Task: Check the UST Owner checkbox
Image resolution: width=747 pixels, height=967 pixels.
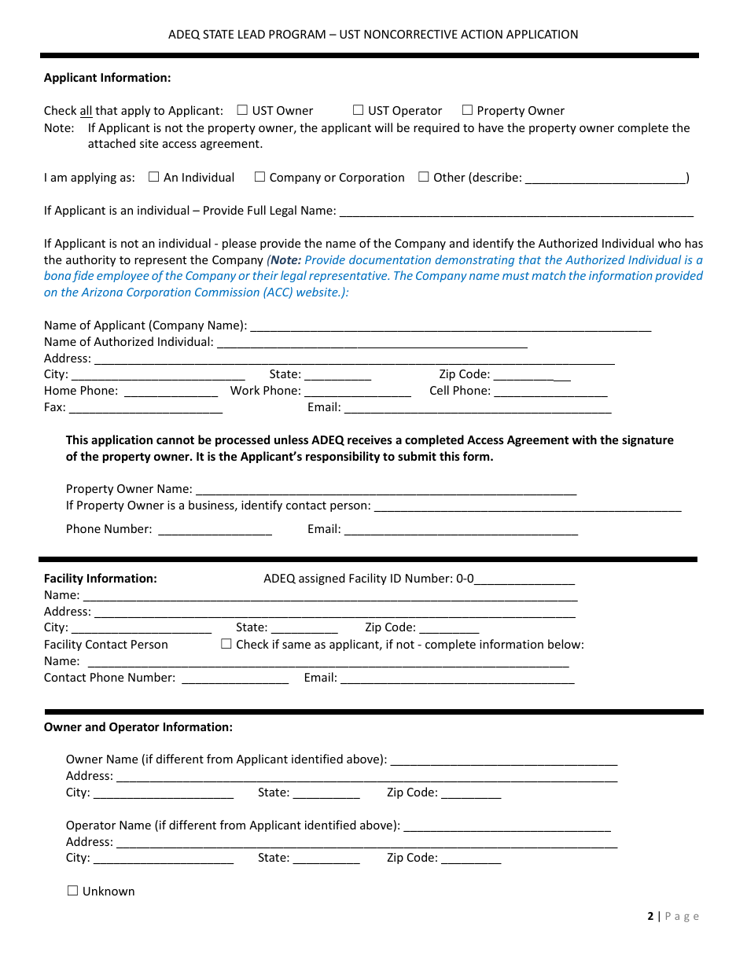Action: pos(242,110)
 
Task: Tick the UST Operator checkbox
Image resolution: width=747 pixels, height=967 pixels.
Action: pos(358,110)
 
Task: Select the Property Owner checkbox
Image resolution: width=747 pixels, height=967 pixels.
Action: pos(467,110)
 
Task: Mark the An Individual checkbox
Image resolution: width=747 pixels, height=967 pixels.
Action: pos(153,177)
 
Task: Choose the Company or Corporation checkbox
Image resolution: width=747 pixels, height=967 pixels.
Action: pos(259,177)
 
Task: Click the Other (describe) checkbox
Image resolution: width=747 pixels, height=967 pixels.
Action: pos(424,177)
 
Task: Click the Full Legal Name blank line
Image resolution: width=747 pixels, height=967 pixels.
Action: pos(516,211)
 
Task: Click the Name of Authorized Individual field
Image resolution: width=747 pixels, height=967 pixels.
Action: pos(371,343)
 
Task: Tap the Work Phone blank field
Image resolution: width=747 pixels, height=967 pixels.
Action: pos(357,392)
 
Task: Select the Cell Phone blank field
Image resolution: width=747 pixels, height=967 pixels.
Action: pos(550,392)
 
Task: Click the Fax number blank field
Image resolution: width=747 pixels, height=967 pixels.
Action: pos(145,408)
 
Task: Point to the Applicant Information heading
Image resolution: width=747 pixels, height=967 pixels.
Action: pos(107,78)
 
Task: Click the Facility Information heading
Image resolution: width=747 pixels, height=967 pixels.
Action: pos(101,579)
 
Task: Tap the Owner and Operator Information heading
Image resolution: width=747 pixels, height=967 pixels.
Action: pos(138,727)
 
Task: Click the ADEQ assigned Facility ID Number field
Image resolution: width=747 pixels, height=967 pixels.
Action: pos(524,579)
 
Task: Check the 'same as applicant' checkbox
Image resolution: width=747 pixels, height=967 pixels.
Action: pos(226,644)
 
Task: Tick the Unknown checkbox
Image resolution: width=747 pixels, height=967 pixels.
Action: pos(72,891)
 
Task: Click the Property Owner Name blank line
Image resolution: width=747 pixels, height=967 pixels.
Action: pos(385,490)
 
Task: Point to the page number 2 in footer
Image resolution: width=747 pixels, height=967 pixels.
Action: pos(650,916)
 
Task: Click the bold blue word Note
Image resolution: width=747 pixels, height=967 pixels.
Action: pos(285,260)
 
